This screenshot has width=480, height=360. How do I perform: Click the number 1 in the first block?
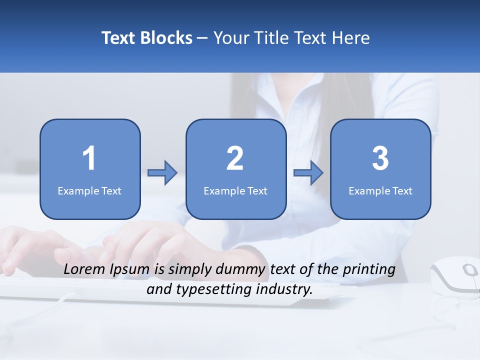89,158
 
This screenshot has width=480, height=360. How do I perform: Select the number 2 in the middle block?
235,158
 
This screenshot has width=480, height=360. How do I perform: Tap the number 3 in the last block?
380,158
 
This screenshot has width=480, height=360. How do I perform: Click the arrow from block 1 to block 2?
162,173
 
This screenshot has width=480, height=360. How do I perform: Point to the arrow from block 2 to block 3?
308,173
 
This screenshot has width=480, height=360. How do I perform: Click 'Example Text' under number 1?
89,190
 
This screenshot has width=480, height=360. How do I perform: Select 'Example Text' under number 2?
235,190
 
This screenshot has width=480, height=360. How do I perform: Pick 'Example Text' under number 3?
380,190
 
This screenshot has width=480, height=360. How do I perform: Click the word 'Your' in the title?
231,38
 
